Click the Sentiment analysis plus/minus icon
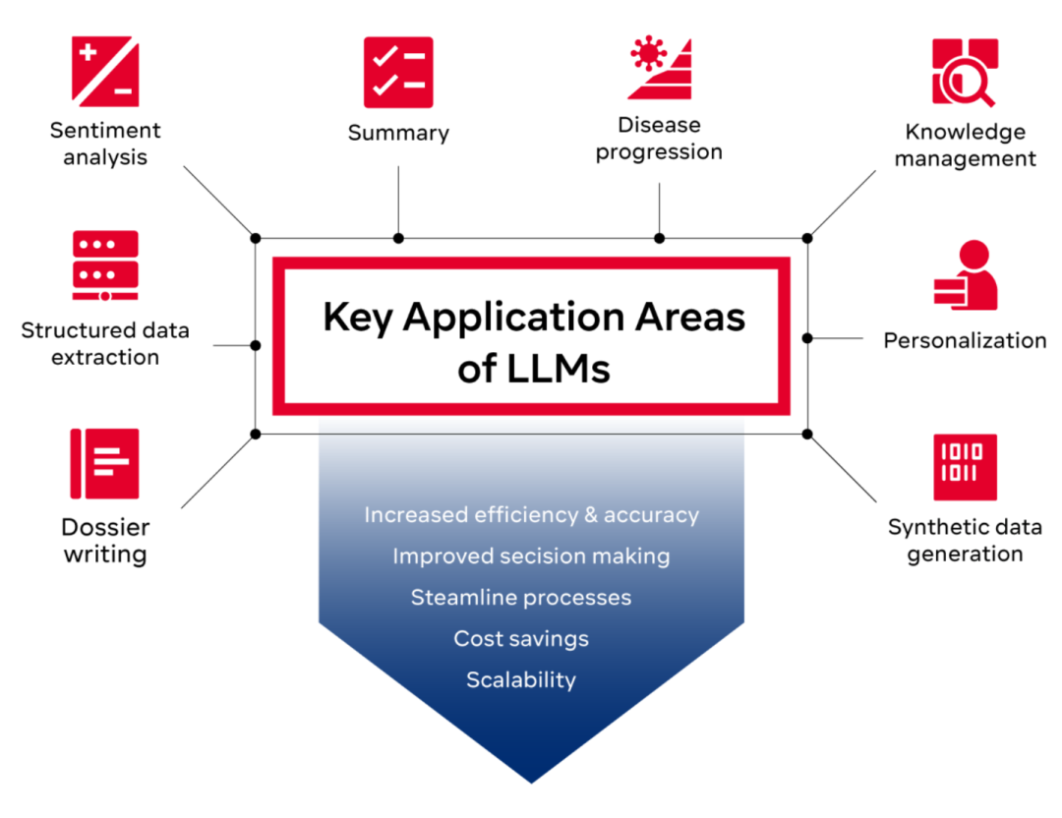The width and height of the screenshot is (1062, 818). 105,72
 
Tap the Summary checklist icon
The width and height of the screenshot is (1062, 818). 398,73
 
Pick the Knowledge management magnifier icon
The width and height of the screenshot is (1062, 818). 965,72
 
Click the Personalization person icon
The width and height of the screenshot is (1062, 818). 965,276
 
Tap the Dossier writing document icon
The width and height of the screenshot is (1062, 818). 105,463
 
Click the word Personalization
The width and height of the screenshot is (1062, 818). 965,340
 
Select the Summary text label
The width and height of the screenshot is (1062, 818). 398,133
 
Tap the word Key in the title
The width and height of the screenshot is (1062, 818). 357,317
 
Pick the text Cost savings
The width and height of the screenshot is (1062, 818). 521,639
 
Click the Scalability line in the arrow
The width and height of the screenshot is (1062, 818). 521,680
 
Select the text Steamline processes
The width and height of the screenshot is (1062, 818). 521,598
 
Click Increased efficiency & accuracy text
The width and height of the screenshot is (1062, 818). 531,515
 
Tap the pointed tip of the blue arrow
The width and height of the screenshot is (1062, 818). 531,780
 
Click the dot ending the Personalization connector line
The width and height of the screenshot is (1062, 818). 807,337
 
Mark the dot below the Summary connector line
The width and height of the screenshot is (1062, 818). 398,238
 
